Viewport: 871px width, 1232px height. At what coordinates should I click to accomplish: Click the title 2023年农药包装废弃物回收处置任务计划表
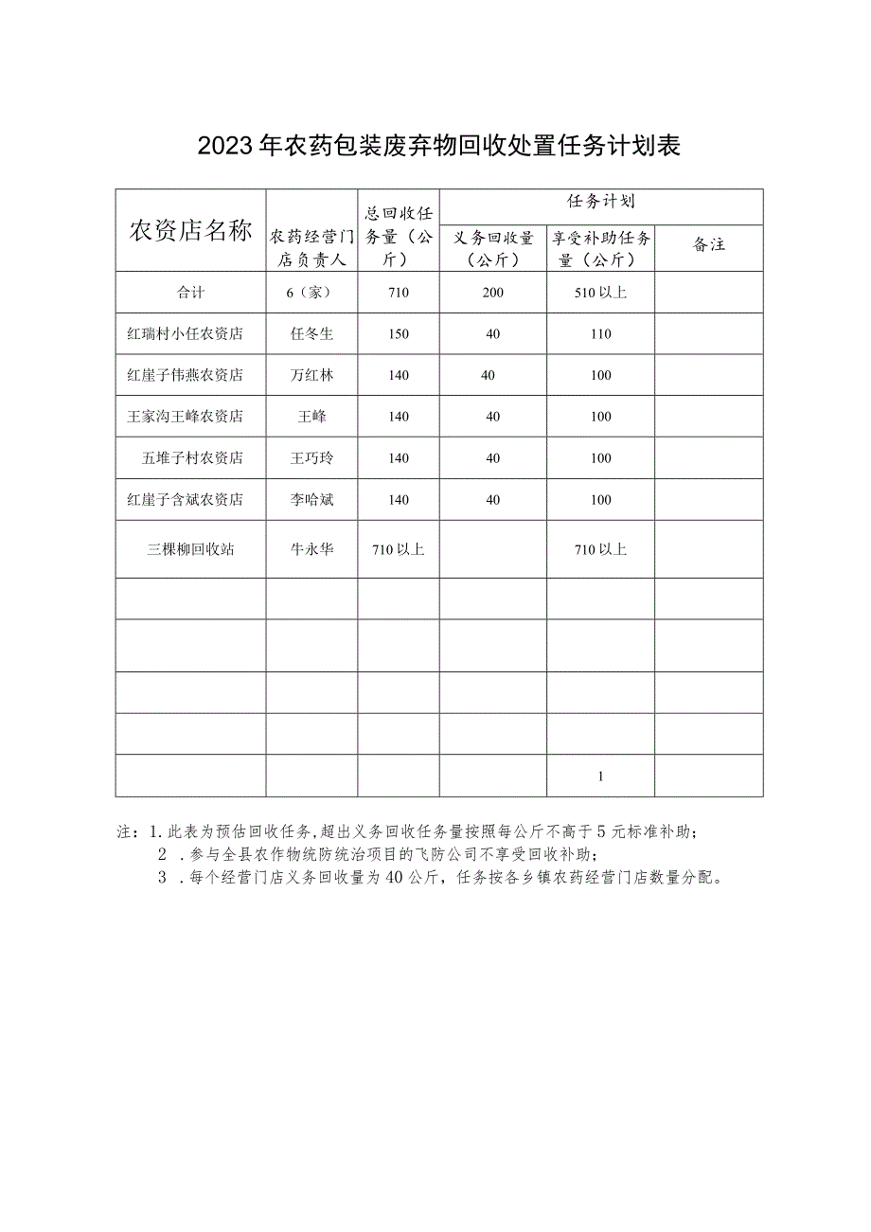pyautogui.click(x=438, y=146)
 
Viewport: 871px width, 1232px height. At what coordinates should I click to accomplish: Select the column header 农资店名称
pyautogui.click(x=190, y=230)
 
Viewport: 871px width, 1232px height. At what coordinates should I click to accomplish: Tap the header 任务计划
pyautogui.click(x=601, y=202)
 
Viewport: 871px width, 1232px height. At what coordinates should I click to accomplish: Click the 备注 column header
pyautogui.click(x=709, y=244)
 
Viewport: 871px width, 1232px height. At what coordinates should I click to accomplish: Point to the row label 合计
pyautogui.click(x=190, y=293)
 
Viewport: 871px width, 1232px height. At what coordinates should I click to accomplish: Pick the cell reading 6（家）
pyautogui.click(x=311, y=293)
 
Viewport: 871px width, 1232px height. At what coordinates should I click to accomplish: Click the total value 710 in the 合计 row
pyautogui.click(x=399, y=293)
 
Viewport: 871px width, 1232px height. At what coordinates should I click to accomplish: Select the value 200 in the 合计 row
pyautogui.click(x=492, y=293)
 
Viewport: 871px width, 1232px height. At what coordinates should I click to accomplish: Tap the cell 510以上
pyautogui.click(x=600, y=293)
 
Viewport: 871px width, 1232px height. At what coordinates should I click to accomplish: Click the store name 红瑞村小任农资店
pyautogui.click(x=186, y=334)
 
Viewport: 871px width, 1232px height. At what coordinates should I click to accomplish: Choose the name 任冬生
pyautogui.click(x=311, y=334)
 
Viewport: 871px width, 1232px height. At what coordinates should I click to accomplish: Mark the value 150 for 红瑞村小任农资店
pyautogui.click(x=399, y=334)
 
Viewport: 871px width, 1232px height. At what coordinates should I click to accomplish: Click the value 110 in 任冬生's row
pyautogui.click(x=600, y=334)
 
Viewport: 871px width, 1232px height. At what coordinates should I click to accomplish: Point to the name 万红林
pyautogui.click(x=311, y=375)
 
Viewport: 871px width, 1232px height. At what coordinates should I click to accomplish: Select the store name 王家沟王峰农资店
pyautogui.click(x=186, y=417)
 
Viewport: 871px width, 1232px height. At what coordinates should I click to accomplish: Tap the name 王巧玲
pyautogui.click(x=311, y=458)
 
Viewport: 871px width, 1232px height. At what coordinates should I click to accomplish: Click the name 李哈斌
pyautogui.click(x=311, y=500)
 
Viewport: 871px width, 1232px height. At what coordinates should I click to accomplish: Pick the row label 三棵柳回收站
pyautogui.click(x=190, y=549)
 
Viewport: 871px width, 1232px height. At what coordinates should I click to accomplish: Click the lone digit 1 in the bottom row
pyautogui.click(x=600, y=777)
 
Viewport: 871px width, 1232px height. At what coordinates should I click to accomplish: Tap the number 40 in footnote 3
pyautogui.click(x=396, y=878)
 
